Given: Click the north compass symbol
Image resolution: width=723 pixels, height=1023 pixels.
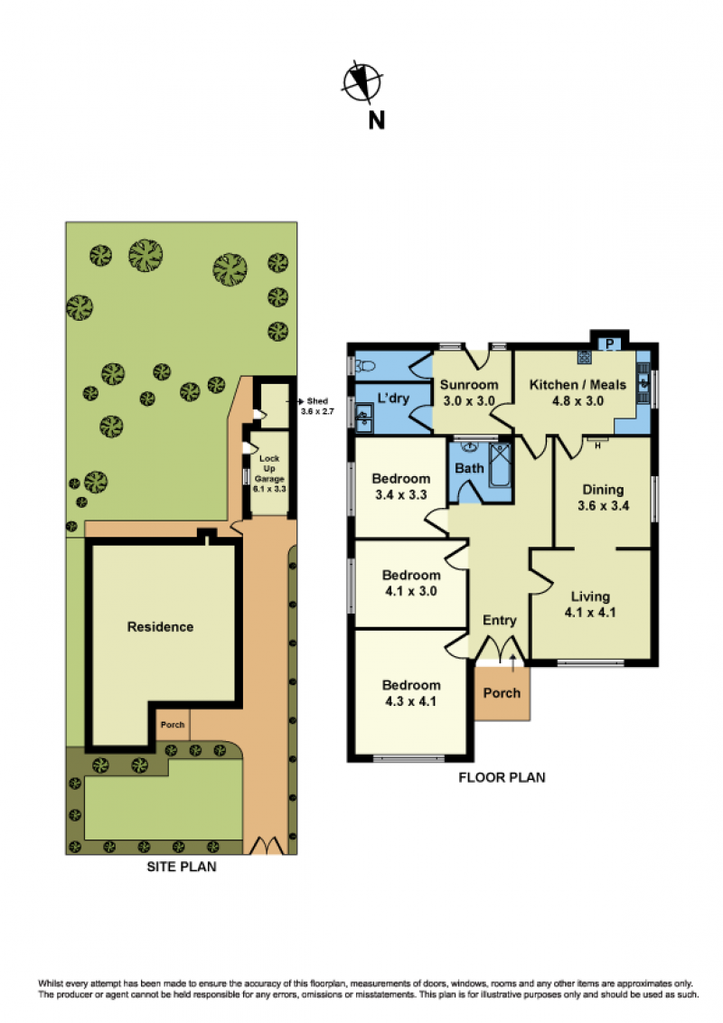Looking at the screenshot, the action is (x=362, y=82).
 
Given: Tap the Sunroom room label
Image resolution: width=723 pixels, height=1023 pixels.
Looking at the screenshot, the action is (x=468, y=385).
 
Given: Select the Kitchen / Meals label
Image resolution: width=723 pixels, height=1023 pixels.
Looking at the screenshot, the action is (x=577, y=385).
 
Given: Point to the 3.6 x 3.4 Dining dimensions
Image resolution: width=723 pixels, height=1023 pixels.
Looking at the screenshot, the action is (x=603, y=506).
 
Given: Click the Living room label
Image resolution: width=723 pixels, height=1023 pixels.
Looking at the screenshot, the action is (x=590, y=596).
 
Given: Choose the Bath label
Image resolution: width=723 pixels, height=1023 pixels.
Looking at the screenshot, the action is (x=469, y=468).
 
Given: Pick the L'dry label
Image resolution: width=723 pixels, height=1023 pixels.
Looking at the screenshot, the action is (x=393, y=398).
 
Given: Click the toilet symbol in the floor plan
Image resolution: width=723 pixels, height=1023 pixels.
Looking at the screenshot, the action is (x=365, y=367).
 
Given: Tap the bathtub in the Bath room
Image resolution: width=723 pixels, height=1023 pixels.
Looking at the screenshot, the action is (x=500, y=465).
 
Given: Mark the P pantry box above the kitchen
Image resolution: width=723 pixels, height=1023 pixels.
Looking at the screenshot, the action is (x=609, y=343).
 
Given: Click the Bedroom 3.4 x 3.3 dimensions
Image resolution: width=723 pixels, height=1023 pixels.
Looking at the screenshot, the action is (x=400, y=495).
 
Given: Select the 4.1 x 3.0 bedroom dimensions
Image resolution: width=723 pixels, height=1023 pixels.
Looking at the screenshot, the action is (x=410, y=591).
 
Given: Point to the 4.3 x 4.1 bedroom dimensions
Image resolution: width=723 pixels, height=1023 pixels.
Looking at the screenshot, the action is (x=410, y=701).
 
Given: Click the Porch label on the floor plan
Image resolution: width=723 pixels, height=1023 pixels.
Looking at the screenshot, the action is (x=502, y=693).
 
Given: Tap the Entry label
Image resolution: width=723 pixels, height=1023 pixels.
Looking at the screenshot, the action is (x=499, y=621).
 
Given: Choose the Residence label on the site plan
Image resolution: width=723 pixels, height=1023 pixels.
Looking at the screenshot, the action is (x=160, y=627).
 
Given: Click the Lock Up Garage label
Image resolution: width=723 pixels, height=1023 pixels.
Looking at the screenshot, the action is (x=268, y=468).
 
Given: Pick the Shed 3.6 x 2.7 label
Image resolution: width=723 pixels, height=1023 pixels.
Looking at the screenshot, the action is (x=317, y=406).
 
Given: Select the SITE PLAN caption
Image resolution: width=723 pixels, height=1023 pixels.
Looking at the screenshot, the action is (x=182, y=867).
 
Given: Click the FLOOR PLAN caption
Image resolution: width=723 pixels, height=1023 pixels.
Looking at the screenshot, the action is (x=502, y=777).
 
